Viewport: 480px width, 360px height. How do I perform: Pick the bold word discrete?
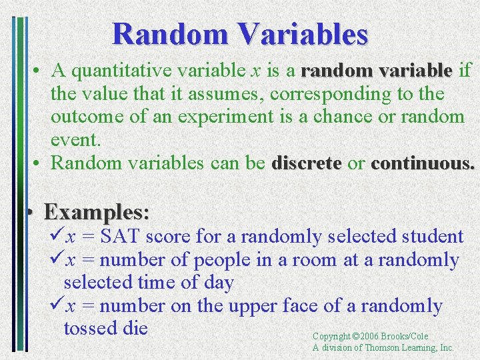coord(307,163)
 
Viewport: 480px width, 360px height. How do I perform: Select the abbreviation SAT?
coord(120,236)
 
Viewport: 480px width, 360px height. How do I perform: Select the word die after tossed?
coord(134,329)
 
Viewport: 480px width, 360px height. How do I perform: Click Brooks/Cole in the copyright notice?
coord(405,337)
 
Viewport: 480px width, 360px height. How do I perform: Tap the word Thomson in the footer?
coord(383,347)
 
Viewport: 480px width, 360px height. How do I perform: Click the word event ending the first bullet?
coord(75,140)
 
